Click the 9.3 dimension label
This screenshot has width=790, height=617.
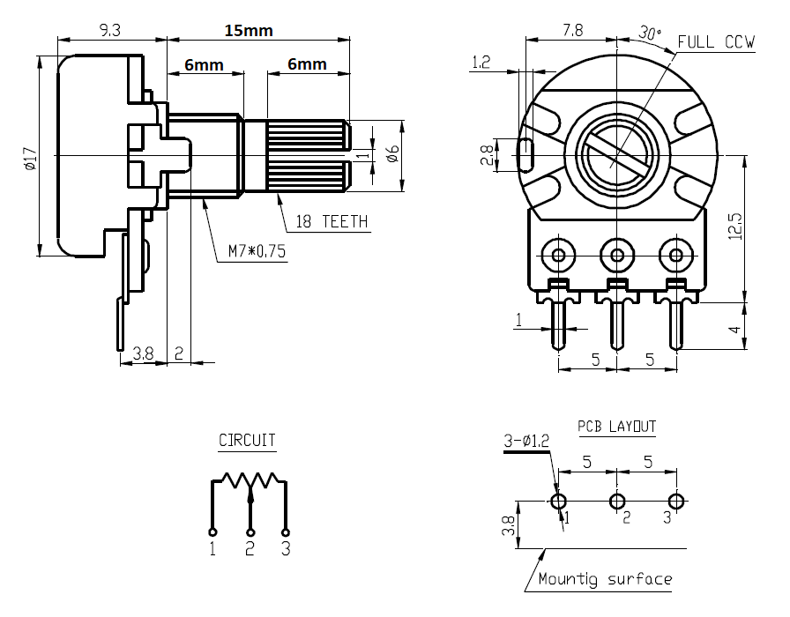pyautogui.click(x=110, y=30)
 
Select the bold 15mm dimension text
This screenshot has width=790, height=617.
pyautogui.click(x=248, y=30)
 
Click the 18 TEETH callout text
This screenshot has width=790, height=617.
pyautogui.click(x=332, y=222)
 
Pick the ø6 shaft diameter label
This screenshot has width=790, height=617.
pyautogui.click(x=394, y=155)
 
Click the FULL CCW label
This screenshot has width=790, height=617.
pyautogui.click(x=716, y=42)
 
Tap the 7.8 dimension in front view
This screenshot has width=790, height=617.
pyautogui.click(x=571, y=30)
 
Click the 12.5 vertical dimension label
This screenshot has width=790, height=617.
pyautogui.click(x=737, y=227)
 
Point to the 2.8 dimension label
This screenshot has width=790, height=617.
pyautogui.click(x=486, y=156)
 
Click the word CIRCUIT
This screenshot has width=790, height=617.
pyautogui.click(x=247, y=440)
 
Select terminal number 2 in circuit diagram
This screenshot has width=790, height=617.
pyautogui.click(x=250, y=549)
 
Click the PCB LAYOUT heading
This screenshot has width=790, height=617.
pyautogui.click(x=616, y=427)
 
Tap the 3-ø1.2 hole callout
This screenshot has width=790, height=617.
pyautogui.click(x=525, y=440)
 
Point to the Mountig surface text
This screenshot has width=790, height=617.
pyautogui.click(x=605, y=579)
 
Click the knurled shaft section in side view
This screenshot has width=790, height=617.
pyautogui.click(x=305, y=156)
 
